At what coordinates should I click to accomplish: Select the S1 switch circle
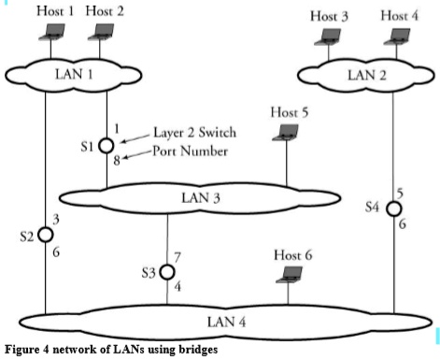click(106, 144)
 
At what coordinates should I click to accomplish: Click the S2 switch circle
click(45, 234)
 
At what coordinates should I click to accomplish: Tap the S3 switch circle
click(167, 272)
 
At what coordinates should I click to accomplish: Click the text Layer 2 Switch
click(179, 134)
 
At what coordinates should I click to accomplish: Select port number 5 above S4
click(401, 193)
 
